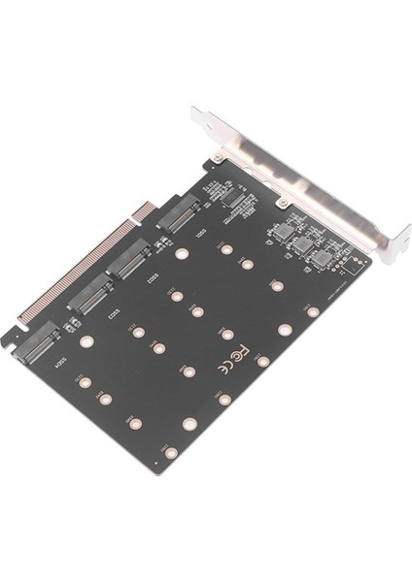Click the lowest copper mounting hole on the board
pos(171,452)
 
